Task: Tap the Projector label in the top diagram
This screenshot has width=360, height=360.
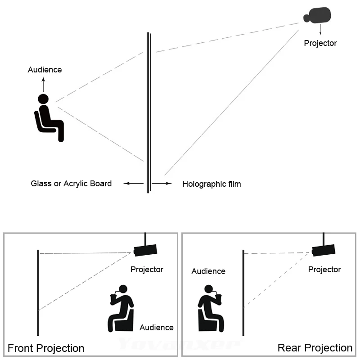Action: [x=320, y=43]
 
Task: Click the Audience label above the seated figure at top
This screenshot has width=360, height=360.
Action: [x=45, y=70]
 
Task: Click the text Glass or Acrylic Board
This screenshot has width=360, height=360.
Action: [x=71, y=183]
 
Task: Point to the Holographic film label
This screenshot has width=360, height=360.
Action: [x=211, y=184]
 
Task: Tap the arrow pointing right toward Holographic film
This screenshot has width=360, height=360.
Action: [x=162, y=184]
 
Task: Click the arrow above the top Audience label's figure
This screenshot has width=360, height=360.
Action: [x=44, y=84]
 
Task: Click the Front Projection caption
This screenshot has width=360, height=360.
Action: [x=46, y=348]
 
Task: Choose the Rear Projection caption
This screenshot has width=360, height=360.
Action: [x=315, y=347]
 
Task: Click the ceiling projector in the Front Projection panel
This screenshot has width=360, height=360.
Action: [x=145, y=249]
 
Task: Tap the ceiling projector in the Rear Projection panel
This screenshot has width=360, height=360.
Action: [x=323, y=249]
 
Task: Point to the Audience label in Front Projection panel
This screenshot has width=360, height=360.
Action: [x=157, y=327]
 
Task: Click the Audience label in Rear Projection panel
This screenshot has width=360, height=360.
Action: [x=208, y=271]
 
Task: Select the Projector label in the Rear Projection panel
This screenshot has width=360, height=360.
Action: [x=324, y=269]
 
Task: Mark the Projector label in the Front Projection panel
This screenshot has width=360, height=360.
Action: [x=147, y=269]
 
